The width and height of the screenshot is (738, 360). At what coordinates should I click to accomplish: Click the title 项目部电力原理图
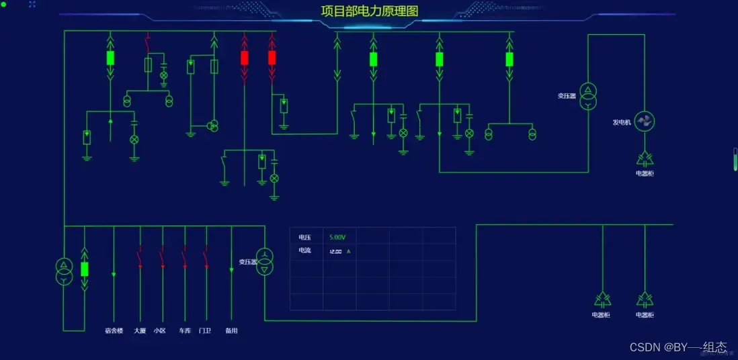point(369,11)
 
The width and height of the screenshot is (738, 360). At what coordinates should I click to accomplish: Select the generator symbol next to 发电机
point(645,122)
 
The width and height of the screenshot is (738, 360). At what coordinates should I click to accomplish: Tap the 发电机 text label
point(622,122)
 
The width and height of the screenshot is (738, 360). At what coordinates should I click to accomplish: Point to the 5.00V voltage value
point(337,237)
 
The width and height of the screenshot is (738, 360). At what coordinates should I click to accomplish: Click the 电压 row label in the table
point(305,237)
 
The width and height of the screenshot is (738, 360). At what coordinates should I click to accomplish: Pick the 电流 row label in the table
point(305,251)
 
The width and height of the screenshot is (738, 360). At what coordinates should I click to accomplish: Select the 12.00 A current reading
point(339,251)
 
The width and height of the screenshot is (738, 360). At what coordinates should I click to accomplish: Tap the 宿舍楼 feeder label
point(114,330)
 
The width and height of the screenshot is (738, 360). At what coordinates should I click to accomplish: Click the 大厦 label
point(140,330)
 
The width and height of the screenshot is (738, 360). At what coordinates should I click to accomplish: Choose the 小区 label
point(160,330)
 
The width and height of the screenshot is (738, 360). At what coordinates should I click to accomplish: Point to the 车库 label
point(185,330)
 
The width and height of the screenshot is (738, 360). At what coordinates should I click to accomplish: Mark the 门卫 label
point(205,330)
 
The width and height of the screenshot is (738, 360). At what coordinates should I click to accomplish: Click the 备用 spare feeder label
point(231,330)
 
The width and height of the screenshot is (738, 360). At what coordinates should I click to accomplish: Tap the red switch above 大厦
point(140,258)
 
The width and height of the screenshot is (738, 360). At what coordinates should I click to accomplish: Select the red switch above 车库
point(184,258)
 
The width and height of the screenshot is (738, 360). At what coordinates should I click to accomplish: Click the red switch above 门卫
point(206,258)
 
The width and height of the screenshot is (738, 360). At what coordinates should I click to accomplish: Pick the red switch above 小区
point(161,258)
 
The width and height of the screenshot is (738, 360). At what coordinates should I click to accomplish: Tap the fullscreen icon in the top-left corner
point(32,4)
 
